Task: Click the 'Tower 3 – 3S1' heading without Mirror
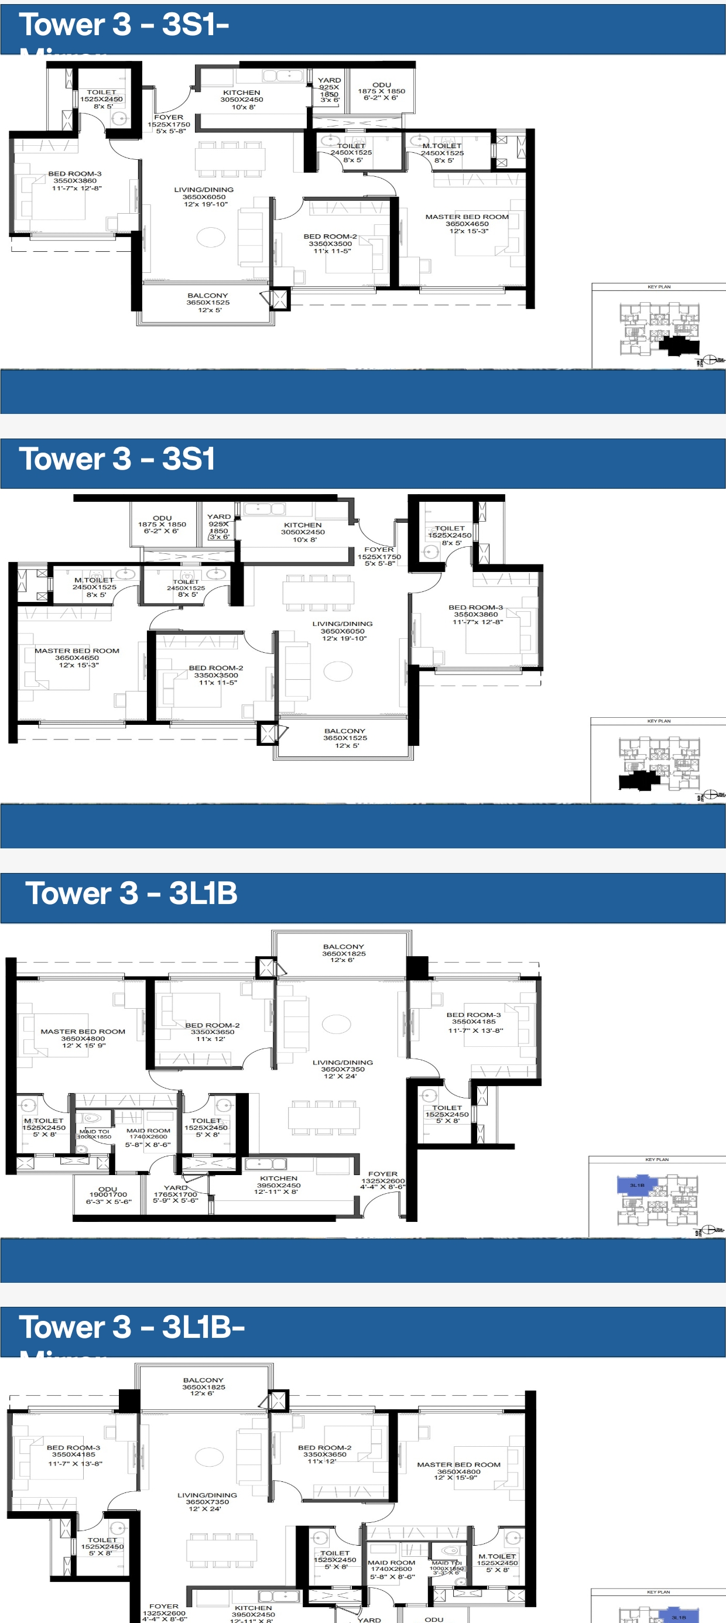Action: coord(117,458)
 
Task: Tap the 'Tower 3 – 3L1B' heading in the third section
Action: coord(131,893)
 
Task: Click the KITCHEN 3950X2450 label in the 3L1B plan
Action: coord(278,1185)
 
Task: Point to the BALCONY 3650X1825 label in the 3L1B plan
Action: coord(344,953)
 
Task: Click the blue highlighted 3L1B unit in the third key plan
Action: coord(636,1185)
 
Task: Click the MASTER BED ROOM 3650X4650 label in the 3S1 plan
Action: coord(77,658)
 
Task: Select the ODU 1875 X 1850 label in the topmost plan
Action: coord(381,91)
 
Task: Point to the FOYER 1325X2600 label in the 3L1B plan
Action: coord(382,1181)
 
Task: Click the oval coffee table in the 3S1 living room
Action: coord(338,671)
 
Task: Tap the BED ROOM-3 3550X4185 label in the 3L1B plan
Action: coord(474,1022)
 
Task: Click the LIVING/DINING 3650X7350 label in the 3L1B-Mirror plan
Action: coord(207,1501)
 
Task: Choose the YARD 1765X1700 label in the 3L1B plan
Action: coord(175,1194)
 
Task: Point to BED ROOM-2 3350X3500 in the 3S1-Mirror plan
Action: coord(330,243)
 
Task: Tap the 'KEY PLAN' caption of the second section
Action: coord(659,721)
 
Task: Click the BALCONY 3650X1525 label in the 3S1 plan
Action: coord(345,738)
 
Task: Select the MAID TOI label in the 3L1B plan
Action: coord(94,1134)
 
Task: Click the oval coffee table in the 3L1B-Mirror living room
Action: coord(209,1456)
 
